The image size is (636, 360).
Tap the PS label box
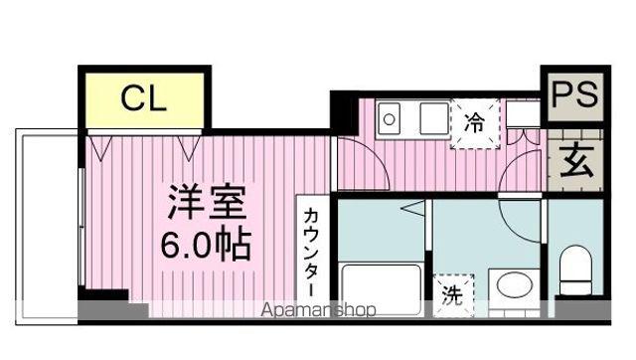(x=573, y=94)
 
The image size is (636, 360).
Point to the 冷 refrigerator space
(x=474, y=125)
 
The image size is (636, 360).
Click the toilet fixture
(x=574, y=270)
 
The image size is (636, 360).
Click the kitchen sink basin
(x=390, y=120)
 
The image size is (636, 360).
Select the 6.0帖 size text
(x=206, y=242)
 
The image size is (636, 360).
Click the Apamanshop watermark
(x=318, y=310)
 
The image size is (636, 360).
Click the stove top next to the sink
(x=433, y=119)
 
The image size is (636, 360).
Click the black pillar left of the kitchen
(x=342, y=108)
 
